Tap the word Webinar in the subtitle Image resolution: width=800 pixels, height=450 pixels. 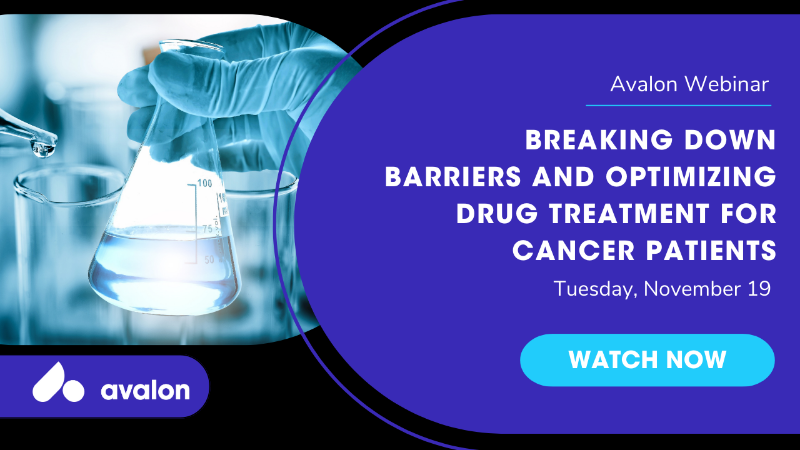(727, 84)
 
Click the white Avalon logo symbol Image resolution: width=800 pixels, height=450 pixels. (58, 383)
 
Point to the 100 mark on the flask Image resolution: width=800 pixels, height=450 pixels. (205, 183)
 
